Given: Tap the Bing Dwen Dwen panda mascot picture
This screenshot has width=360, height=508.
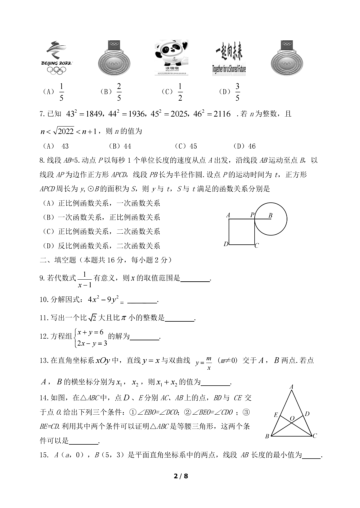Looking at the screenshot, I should click(171, 57).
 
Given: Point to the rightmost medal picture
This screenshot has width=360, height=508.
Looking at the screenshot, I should click(287, 58).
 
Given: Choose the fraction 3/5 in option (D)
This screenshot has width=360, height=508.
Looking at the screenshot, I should click(237, 92).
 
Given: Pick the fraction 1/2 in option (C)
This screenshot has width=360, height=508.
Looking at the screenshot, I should click(180, 92).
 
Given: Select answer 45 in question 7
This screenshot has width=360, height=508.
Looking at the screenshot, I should click(193, 146).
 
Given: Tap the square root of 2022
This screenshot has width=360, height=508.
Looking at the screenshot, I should click(63, 131).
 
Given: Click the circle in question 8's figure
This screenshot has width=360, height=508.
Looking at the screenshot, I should click(270, 219).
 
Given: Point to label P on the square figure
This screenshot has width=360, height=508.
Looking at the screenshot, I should click(252, 215).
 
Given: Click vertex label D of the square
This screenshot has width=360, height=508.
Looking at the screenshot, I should click(226, 244).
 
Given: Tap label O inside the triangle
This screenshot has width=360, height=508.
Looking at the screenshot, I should click(292, 418).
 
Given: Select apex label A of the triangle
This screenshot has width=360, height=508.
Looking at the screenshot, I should click(291, 387).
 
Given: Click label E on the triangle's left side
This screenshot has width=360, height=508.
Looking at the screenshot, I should click(276, 415).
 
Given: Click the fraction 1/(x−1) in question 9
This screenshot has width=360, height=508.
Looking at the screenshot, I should click(84, 279).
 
